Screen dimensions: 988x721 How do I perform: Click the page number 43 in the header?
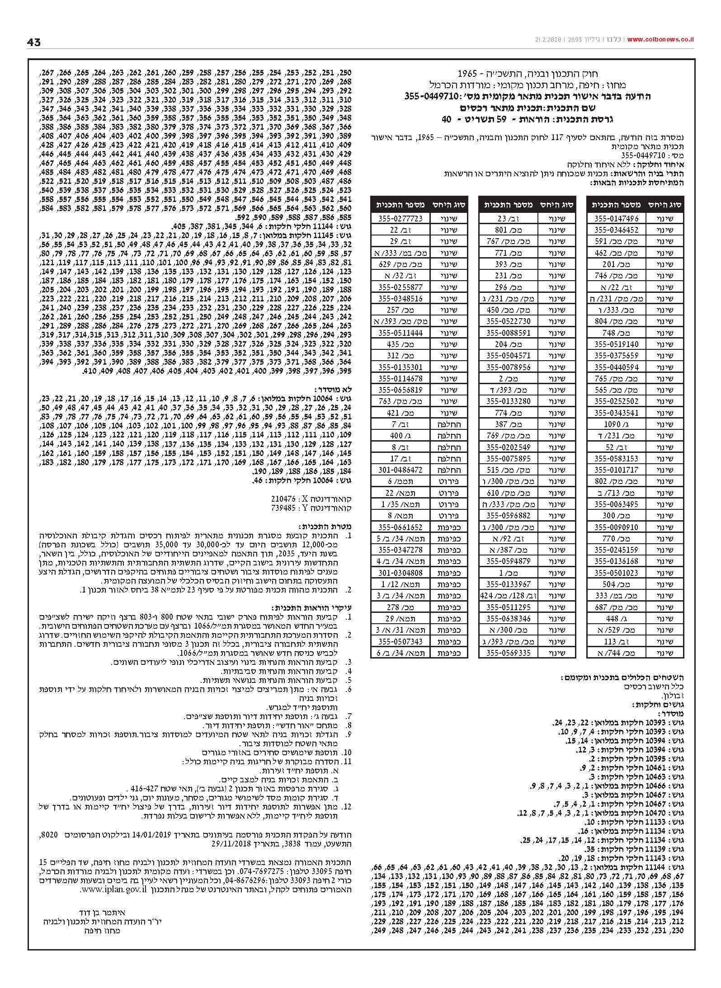point(34,42)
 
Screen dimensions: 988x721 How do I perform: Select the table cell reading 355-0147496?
point(616,218)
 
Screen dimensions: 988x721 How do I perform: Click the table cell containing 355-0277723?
point(400,218)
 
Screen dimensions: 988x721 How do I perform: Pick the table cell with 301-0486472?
point(400,470)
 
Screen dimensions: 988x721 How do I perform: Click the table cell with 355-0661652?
point(400,527)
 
